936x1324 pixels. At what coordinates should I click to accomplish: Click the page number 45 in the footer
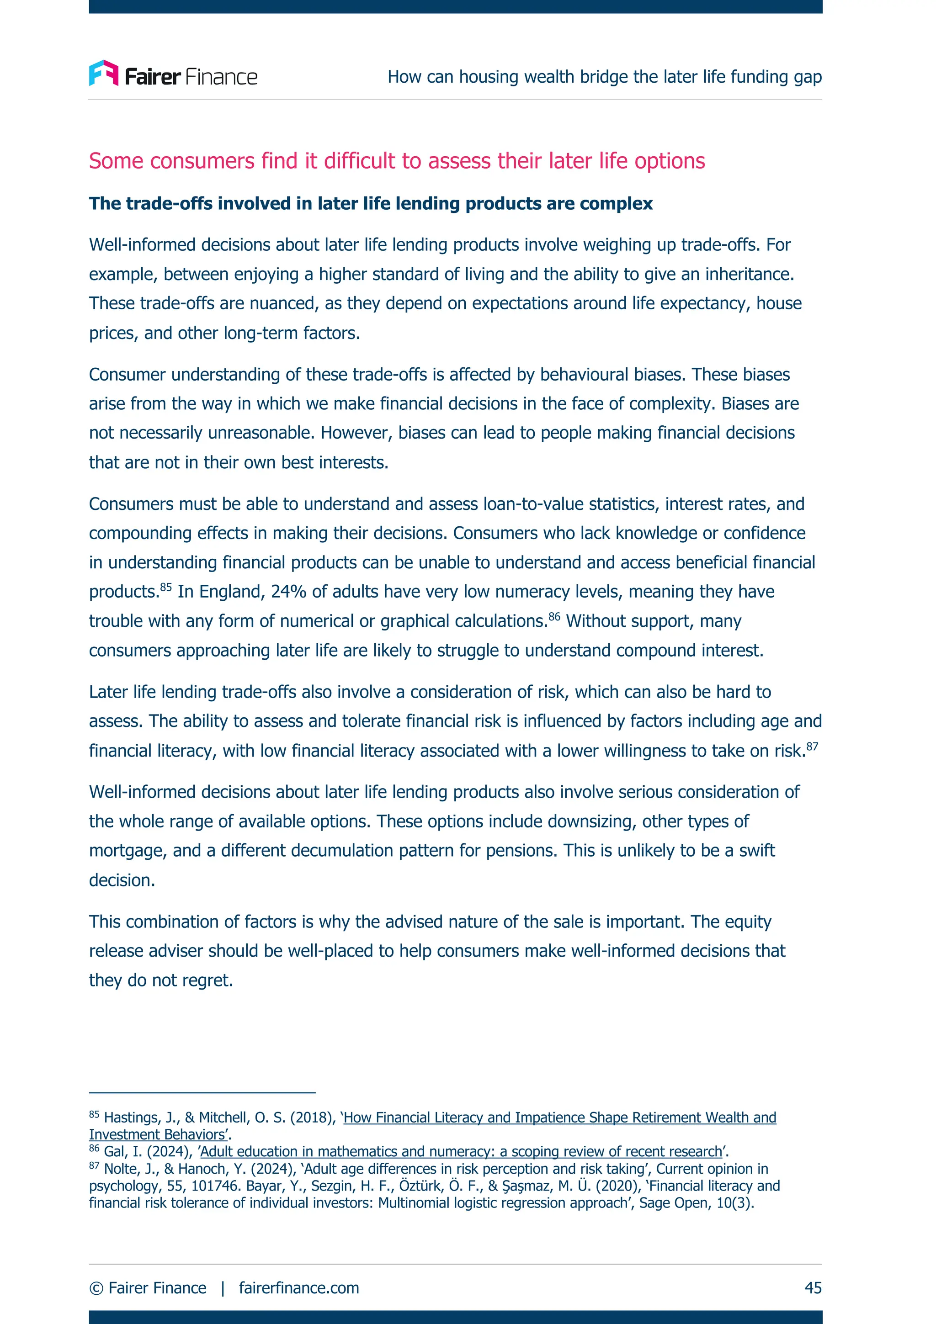813,1287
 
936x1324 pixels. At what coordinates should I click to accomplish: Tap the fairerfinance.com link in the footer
299,1287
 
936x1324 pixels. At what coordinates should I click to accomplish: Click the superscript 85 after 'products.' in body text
166,587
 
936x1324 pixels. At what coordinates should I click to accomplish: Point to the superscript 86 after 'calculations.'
554,616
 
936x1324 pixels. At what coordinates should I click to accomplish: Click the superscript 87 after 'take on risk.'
812,746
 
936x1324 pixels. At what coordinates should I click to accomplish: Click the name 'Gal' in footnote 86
114,1152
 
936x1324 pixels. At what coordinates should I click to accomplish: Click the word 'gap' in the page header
808,77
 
